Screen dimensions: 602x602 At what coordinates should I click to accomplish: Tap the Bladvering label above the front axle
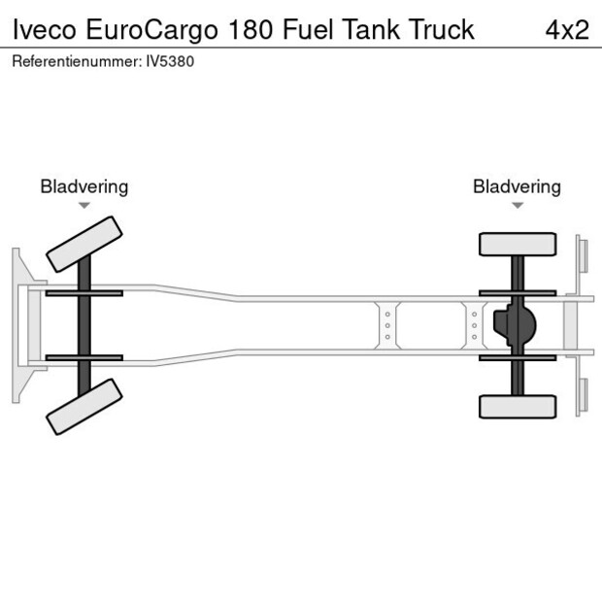tap(84, 186)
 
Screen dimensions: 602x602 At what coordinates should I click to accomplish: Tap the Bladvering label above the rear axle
tap(517, 186)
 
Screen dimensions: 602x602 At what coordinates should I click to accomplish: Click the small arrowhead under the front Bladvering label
tap(84, 206)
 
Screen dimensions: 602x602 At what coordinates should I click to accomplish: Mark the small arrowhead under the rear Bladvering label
tap(517, 206)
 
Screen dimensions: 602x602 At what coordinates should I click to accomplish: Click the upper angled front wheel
tap(85, 244)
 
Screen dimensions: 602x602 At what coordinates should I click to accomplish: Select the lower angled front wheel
tap(85, 406)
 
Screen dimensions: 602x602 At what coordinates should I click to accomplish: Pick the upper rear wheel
tap(518, 244)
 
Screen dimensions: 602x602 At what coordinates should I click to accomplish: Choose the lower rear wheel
tap(518, 406)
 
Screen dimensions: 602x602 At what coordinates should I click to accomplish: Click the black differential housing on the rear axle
tap(515, 325)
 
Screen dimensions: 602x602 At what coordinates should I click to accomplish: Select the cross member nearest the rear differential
tap(474, 325)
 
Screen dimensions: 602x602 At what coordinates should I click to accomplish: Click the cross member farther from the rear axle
tap(387, 325)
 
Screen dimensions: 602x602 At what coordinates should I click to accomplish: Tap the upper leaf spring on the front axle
tap(84, 292)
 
